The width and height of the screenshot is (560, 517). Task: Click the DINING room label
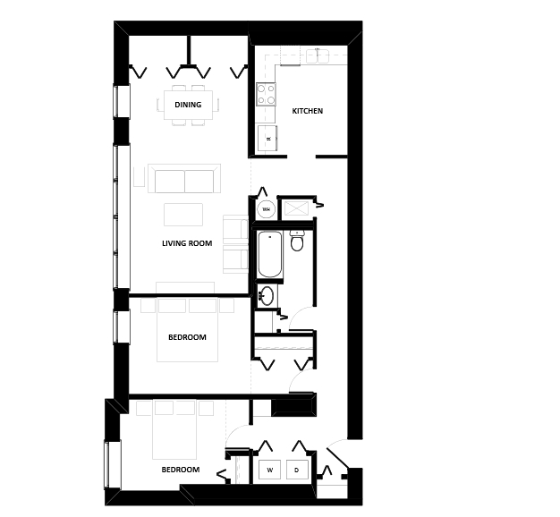[x=188, y=105]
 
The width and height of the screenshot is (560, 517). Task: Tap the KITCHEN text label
[x=307, y=111]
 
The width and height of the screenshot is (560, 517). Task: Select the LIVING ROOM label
[x=187, y=243]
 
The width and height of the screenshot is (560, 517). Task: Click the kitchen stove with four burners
[x=266, y=94]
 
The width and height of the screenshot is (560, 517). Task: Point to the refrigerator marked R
[x=267, y=138]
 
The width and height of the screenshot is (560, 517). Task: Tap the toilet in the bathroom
[x=298, y=240]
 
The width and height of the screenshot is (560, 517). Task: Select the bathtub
[x=269, y=254]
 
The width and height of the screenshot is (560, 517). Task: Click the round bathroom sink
[x=267, y=296]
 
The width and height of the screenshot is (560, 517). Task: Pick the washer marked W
[x=269, y=470]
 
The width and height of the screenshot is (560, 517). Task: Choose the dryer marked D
[x=297, y=470]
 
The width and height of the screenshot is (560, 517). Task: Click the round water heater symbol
[x=266, y=210]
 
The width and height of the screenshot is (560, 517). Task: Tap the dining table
[x=188, y=105]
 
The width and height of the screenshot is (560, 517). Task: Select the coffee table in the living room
[x=183, y=215]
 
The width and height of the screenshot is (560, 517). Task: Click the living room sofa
[x=184, y=179]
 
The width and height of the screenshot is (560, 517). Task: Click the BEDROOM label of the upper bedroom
[x=187, y=337]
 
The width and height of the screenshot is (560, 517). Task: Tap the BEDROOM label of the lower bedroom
[x=180, y=470]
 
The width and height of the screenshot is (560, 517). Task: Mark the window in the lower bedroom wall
[x=111, y=465]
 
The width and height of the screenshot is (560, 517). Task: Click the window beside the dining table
[x=121, y=101]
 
